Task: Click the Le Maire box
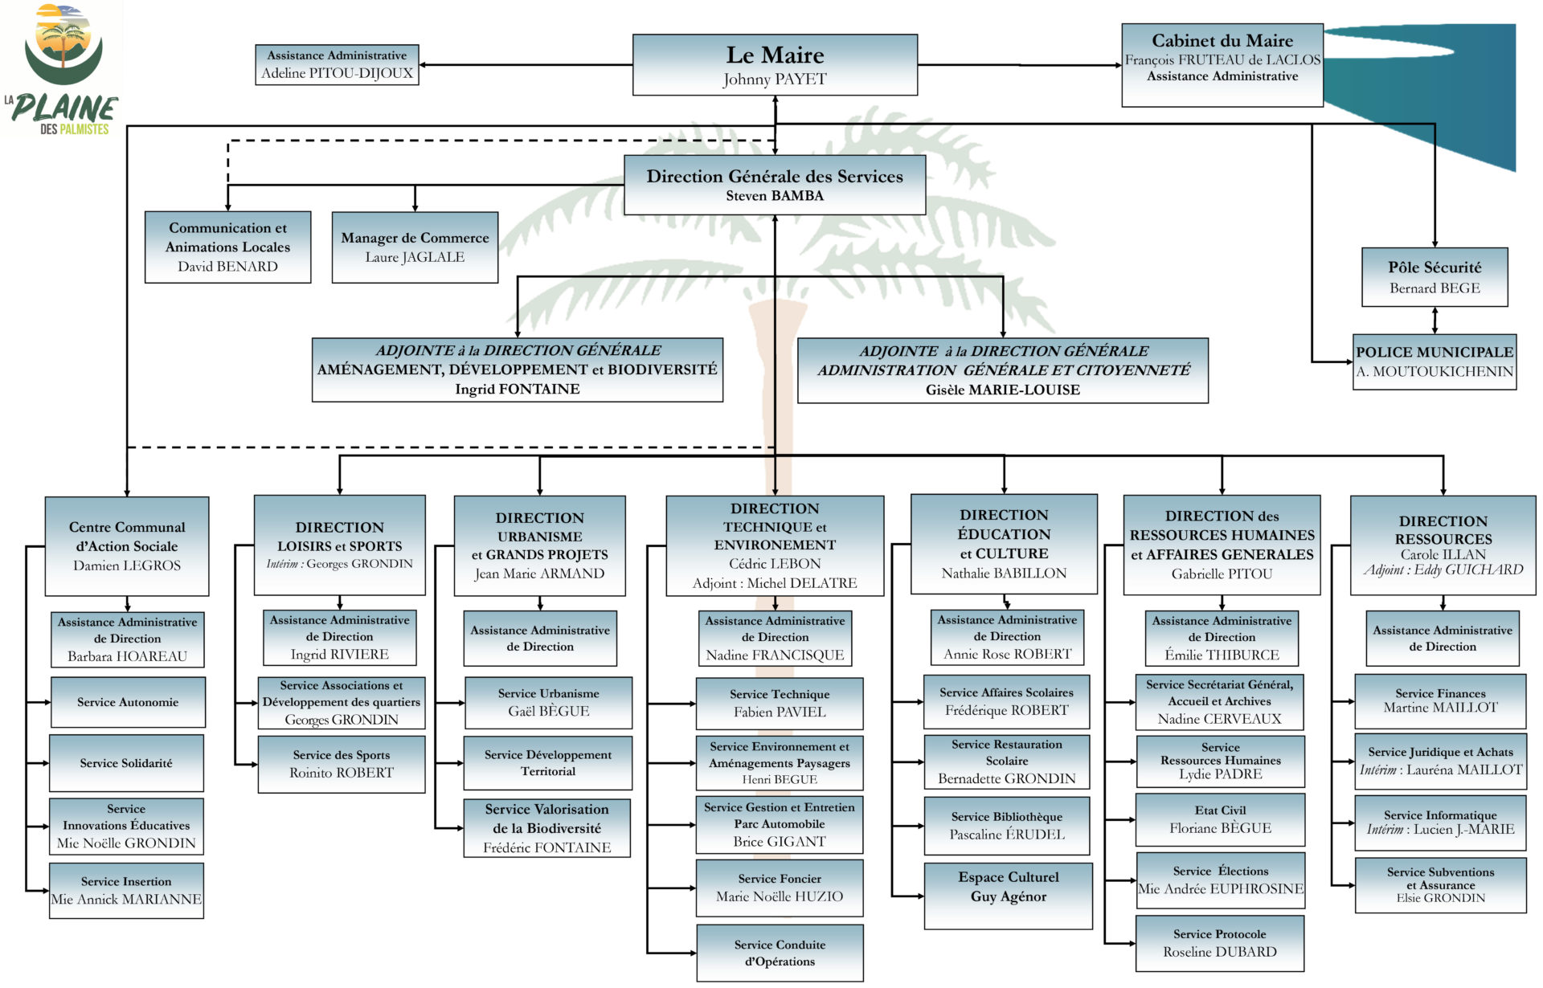(775, 65)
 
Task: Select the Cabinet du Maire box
(1222, 65)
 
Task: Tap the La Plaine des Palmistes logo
(63, 71)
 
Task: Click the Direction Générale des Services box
(775, 185)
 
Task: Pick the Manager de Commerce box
(415, 247)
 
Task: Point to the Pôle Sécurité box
(1435, 277)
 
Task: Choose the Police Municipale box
(1435, 362)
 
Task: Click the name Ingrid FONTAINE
(518, 389)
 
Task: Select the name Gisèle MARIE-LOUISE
(1003, 390)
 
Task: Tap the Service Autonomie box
(128, 702)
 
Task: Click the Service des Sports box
(342, 764)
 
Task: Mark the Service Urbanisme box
(548, 703)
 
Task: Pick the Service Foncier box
(780, 888)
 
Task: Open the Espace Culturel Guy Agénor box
(1009, 896)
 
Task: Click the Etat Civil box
(1220, 819)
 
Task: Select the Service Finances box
(1440, 700)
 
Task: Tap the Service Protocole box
(1220, 943)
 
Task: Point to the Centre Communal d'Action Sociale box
(127, 546)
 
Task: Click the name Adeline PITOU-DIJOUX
(337, 73)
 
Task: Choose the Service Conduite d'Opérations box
(780, 953)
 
